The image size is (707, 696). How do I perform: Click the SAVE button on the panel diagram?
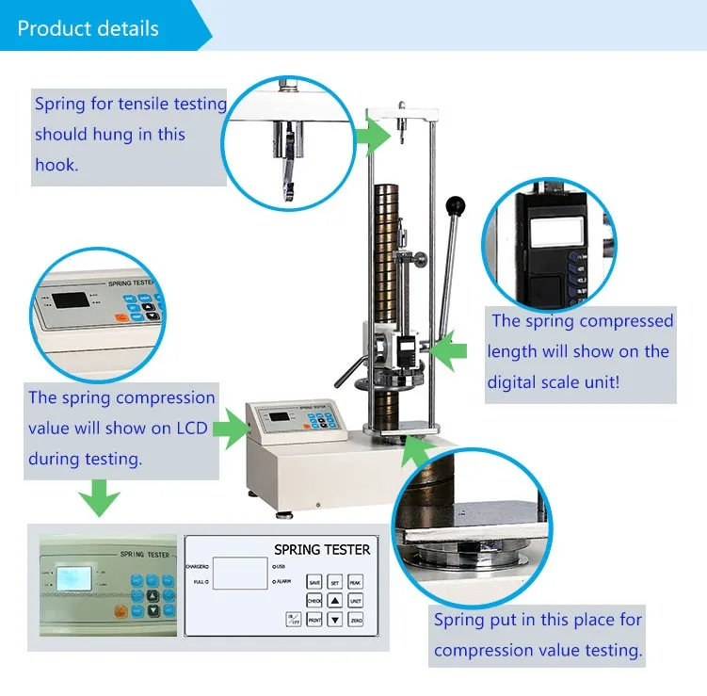[314, 583]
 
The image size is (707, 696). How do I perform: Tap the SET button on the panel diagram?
[334, 583]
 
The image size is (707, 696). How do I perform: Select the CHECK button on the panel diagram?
[314, 601]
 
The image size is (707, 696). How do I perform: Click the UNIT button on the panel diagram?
[355, 601]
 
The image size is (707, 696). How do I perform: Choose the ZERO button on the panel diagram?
[355, 620]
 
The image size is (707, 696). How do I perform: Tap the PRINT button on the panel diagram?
[314, 620]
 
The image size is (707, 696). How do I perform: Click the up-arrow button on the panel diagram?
[334, 601]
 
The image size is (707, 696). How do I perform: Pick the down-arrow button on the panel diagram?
[334, 620]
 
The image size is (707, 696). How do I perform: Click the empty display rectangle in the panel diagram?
[240, 573]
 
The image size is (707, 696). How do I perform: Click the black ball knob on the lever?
[458, 203]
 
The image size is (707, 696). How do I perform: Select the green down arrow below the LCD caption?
[98, 496]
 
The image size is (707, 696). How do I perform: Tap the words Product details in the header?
[88, 27]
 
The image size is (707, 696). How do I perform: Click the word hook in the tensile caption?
[56, 164]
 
